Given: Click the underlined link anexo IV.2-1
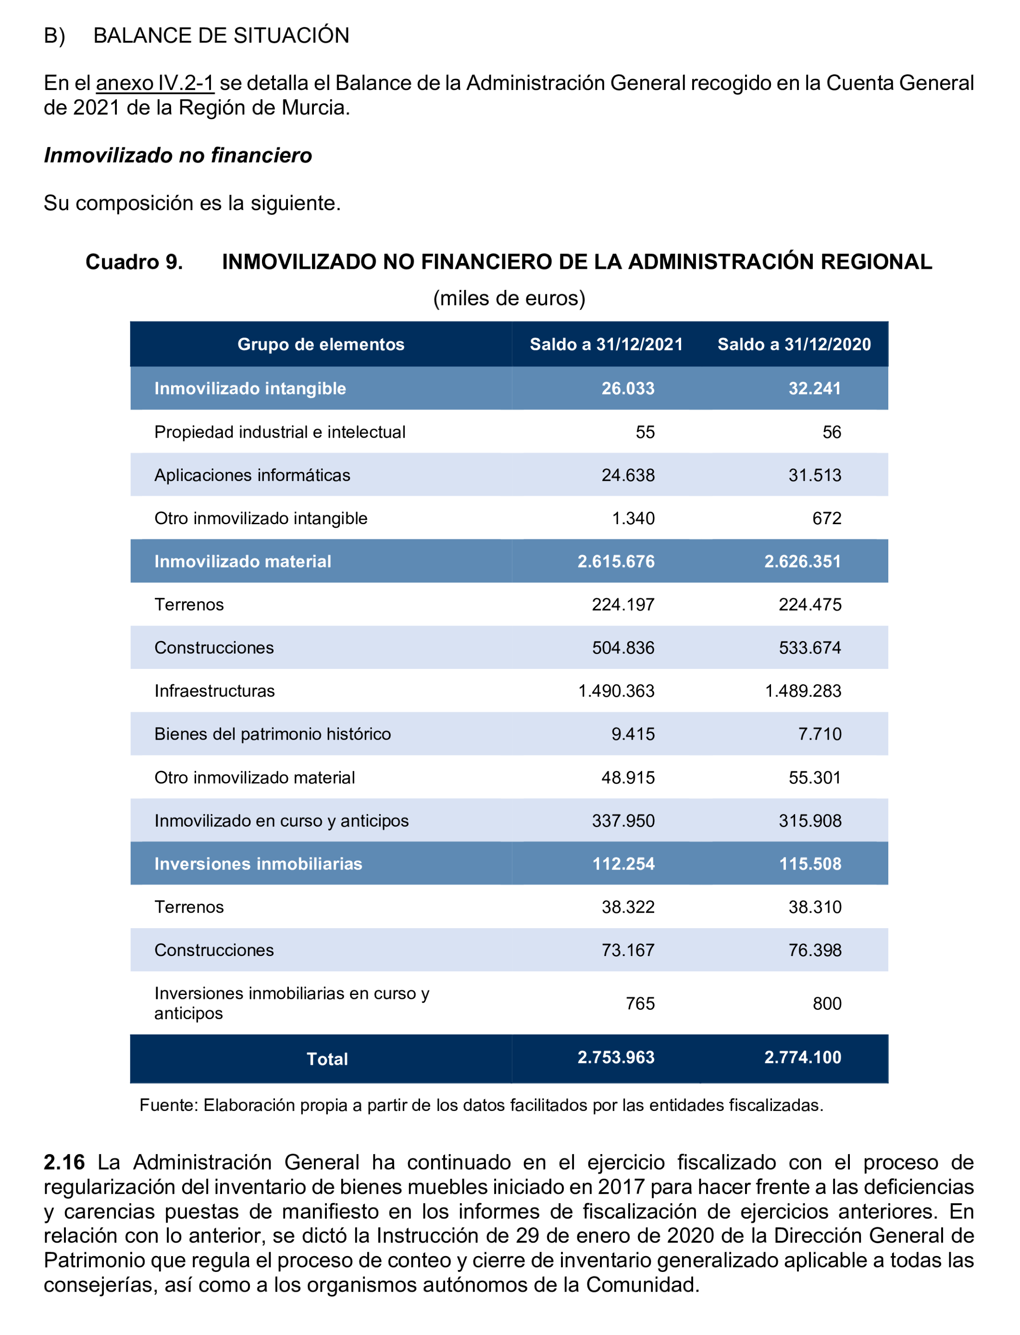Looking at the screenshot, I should click(155, 83).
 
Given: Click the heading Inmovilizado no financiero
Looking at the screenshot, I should click(178, 155).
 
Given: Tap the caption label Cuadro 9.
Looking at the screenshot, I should click(134, 262).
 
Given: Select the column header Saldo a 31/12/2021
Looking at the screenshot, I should click(606, 344).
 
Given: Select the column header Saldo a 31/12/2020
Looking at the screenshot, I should click(794, 344).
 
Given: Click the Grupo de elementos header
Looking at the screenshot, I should click(321, 344).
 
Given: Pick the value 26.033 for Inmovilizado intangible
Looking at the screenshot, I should click(628, 389).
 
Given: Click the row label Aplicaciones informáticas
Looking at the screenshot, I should click(252, 475).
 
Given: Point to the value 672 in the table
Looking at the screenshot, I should click(827, 518).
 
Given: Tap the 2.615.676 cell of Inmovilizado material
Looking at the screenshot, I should click(616, 561).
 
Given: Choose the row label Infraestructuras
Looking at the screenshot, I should click(214, 691).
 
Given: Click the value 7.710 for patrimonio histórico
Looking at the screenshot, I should click(820, 734).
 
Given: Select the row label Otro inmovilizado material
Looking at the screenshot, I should click(254, 778).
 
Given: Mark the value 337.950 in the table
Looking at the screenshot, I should click(623, 820).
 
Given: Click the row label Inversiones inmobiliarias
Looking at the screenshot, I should click(258, 864).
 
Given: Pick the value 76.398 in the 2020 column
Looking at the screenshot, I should click(815, 950).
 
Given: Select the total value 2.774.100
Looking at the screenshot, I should click(803, 1058).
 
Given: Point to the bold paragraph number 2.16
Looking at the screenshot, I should click(64, 1162).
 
